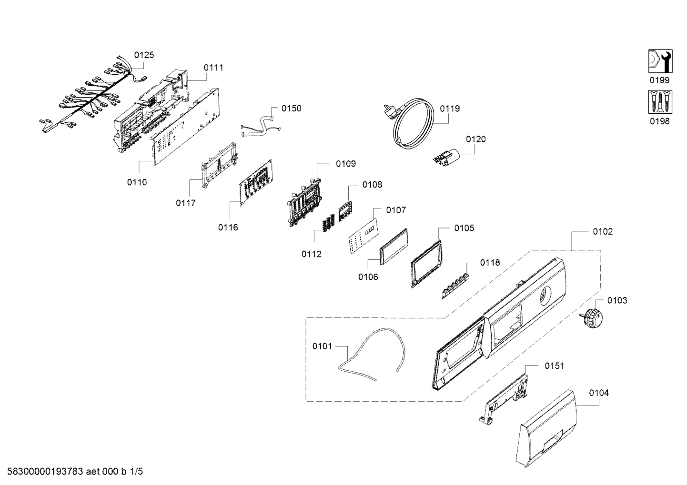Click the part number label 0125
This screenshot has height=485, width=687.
[144, 55]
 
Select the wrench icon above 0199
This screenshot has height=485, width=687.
[660, 61]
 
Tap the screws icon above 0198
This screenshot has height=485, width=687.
[660, 102]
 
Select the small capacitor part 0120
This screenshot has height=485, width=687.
[447, 158]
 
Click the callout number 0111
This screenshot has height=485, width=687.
[213, 68]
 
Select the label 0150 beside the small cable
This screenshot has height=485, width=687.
[292, 109]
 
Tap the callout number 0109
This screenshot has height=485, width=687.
[346, 164]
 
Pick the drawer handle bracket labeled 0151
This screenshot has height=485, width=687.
[504, 399]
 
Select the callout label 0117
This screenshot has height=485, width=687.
[185, 203]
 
